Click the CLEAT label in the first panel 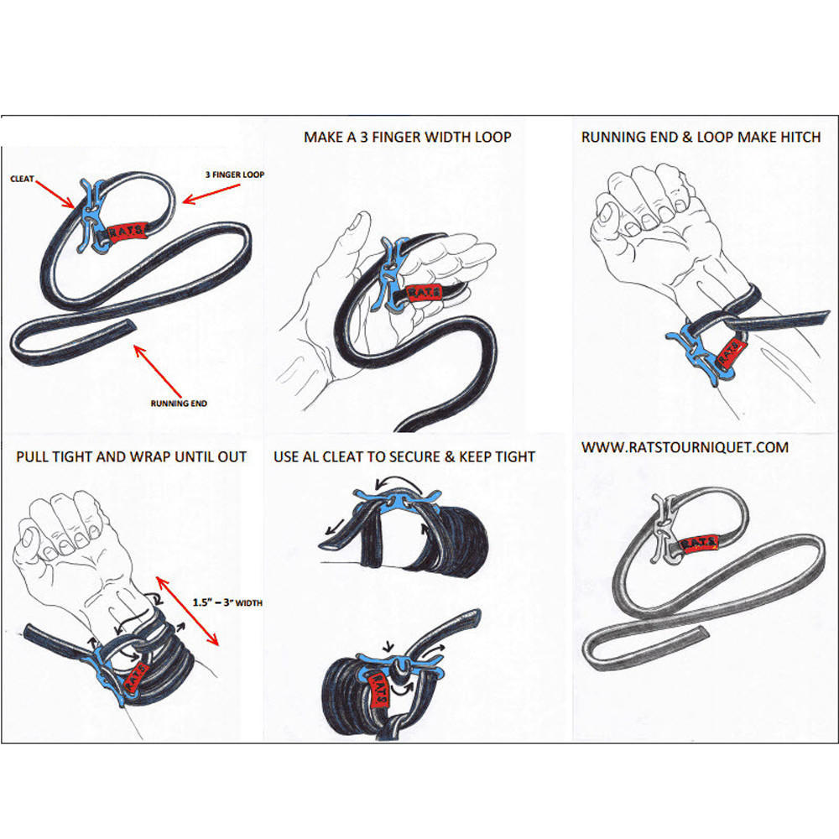click(x=23, y=178)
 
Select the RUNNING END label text click(x=178, y=404)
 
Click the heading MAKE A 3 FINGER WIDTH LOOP click(x=407, y=137)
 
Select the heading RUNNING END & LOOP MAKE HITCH click(x=701, y=137)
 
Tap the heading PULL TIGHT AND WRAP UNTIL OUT click(x=132, y=457)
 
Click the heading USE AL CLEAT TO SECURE click(x=404, y=457)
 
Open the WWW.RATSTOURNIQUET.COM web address click(x=685, y=447)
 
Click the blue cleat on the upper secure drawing click(x=386, y=499)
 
